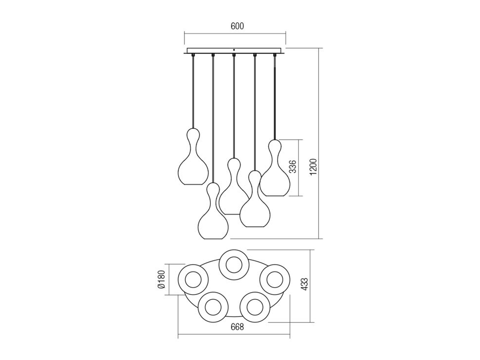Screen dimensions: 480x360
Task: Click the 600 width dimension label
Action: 237,26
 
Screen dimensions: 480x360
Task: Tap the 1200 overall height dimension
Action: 314,168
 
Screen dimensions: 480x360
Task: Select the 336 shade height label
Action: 293,166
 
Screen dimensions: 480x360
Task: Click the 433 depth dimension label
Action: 304,285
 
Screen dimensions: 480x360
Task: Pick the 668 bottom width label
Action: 237,327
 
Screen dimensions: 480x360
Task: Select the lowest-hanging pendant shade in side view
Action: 213,211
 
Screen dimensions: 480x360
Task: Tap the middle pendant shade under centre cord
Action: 234,186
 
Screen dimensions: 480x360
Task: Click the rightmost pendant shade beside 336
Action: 275,168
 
